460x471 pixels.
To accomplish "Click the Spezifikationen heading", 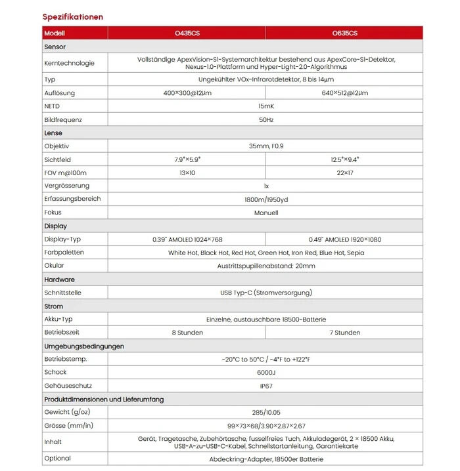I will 73,16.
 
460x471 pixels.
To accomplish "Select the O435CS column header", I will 187,33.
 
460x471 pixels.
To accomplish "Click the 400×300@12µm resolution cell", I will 187,93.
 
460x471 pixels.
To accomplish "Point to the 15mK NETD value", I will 265,106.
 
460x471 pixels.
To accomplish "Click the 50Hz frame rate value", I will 265,120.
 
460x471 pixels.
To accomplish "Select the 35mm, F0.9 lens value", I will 265,146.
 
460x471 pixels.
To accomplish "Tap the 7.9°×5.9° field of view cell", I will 187,159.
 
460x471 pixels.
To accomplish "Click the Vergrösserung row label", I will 66,186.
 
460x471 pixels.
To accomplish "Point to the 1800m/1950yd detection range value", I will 265,199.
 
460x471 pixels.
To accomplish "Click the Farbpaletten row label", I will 64,253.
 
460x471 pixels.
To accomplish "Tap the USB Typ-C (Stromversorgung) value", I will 265,293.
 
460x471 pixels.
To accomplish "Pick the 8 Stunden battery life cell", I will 187,333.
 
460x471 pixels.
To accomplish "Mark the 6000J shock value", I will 265,372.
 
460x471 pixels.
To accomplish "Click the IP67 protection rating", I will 265,386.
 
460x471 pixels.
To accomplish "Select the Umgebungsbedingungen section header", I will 84,346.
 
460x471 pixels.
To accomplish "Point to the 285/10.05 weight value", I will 265,412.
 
